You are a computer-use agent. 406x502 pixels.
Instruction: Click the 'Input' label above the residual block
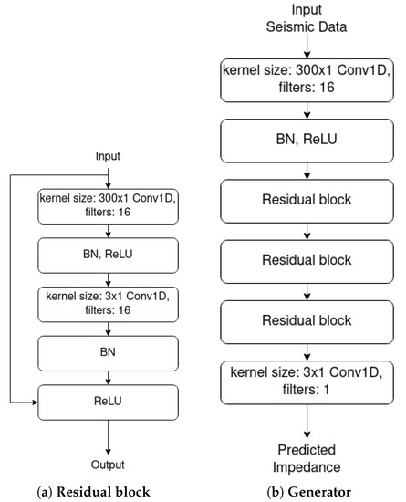coord(109,156)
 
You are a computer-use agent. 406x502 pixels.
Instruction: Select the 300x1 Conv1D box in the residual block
coord(109,206)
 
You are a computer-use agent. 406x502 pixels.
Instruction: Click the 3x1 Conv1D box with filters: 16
coord(109,302)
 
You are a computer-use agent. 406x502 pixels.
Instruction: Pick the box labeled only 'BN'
coord(109,350)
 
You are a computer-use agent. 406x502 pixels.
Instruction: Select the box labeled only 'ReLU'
coord(109,398)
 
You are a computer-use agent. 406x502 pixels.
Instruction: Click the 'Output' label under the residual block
coord(109,462)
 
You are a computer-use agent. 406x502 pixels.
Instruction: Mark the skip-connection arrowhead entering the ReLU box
coord(33,399)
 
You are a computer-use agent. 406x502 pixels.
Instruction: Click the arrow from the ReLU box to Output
coord(109,434)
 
